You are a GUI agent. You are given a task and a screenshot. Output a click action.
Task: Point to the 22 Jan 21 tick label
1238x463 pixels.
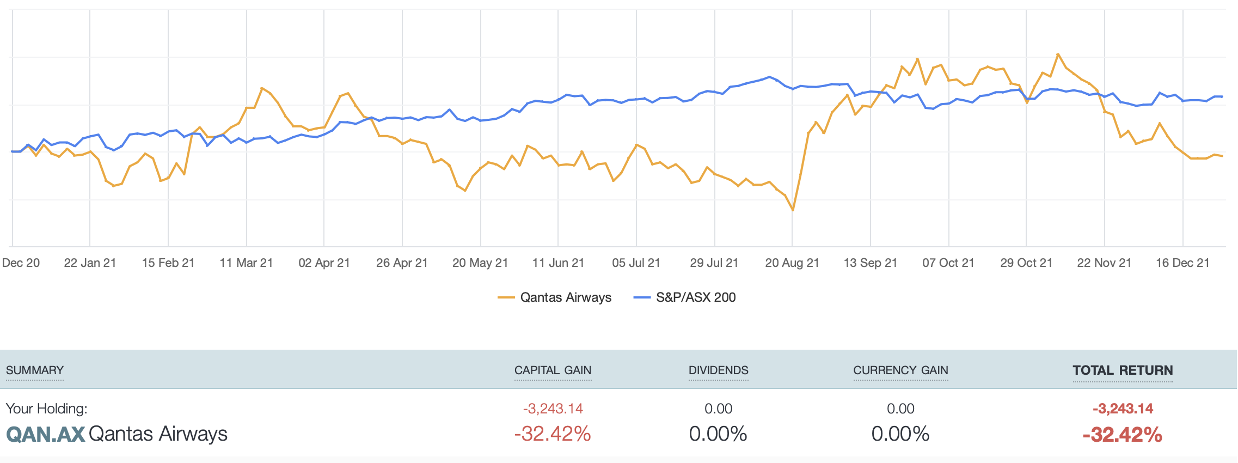(x=90, y=263)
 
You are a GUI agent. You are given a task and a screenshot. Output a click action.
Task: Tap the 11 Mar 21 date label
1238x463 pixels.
(x=246, y=263)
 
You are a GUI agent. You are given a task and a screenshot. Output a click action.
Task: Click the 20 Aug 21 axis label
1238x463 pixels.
(x=792, y=263)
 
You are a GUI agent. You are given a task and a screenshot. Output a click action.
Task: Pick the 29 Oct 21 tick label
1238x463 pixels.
(x=1026, y=263)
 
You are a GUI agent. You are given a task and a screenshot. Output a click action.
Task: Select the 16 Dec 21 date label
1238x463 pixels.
(x=1182, y=263)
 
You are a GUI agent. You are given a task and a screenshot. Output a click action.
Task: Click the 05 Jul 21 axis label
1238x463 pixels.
(x=636, y=263)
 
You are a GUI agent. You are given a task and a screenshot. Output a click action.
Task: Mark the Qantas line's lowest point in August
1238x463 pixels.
(x=793, y=210)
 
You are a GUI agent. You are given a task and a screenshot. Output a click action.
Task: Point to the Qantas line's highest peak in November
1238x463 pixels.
(x=1058, y=54)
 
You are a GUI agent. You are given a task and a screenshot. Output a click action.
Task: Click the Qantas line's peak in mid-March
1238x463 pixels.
(x=262, y=88)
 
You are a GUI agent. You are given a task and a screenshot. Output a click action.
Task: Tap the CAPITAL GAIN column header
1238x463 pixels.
(x=553, y=370)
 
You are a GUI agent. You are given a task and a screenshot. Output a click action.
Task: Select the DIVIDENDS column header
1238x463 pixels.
(x=718, y=370)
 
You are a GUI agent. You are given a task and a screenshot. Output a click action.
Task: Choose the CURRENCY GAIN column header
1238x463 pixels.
(x=900, y=370)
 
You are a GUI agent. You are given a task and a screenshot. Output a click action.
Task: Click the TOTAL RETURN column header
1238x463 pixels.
(x=1123, y=370)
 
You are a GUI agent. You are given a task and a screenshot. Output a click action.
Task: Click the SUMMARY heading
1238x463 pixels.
(x=35, y=370)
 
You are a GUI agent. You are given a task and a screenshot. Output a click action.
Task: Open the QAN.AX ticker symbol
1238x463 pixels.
(x=46, y=434)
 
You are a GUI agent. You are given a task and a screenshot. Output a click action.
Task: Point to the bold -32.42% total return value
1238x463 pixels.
(x=1122, y=435)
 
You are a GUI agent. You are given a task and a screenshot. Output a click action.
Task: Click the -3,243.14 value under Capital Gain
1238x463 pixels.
(x=553, y=409)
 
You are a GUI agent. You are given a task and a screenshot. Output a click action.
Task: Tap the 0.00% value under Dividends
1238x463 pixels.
(x=718, y=434)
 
